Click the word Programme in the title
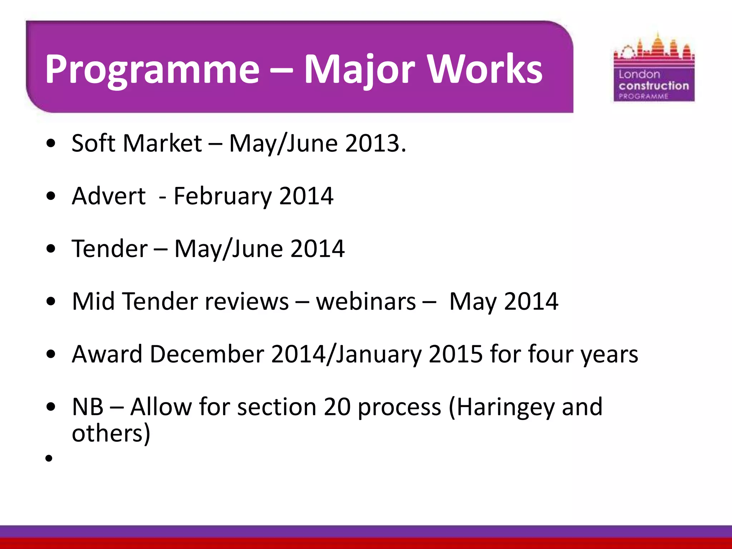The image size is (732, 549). [x=152, y=70]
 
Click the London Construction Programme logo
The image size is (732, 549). [x=654, y=68]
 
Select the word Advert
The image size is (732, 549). [x=109, y=196]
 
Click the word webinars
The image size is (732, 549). [x=366, y=302]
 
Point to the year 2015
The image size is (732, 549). [x=456, y=354]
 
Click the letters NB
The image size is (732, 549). [x=88, y=407]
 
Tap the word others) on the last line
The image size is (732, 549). [x=111, y=434]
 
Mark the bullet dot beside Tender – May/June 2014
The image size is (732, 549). [x=51, y=249]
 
